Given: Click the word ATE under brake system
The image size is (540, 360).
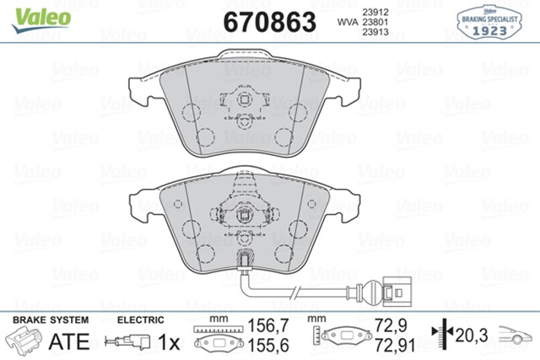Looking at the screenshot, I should pyautogui.click(x=70, y=341).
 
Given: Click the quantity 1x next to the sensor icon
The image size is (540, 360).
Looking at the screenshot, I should pyautogui.click(x=169, y=341).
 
